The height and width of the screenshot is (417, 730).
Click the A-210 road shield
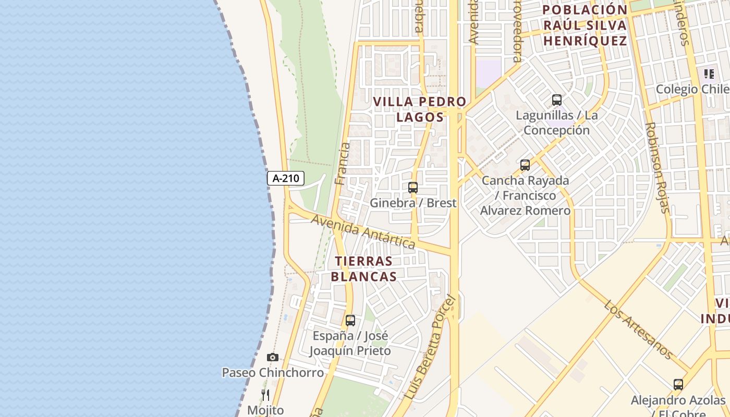click(x=286, y=178)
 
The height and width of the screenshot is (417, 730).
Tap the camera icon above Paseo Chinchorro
click(x=272, y=358)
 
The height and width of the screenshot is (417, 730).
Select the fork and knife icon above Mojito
click(x=265, y=395)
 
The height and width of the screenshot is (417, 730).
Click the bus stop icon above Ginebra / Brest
click(x=413, y=188)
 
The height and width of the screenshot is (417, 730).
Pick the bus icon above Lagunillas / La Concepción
click(x=557, y=100)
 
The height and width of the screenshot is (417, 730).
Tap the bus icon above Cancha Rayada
click(x=525, y=165)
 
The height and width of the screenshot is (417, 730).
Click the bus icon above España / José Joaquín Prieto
click(x=350, y=321)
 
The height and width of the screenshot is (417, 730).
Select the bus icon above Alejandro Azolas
click(x=678, y=385)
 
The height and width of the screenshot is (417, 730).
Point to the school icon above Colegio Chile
click(x=709, y=74)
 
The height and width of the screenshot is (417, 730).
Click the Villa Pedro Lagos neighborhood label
click(x=420, y=109)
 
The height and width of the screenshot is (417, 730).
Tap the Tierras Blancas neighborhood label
click(x=364, y=269)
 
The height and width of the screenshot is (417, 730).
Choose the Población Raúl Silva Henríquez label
click(x=585, y=25)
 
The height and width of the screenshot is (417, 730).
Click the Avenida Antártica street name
click(x=363, y=231)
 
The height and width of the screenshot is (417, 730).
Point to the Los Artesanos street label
click(x=639, y=329)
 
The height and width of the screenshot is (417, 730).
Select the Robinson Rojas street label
click(x=657, y=168)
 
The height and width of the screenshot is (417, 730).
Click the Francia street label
click(x=343, y=164)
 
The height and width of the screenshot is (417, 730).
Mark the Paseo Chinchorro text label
click(x=273, y=373)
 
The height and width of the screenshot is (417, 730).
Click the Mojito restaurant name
click(x=265, y=410)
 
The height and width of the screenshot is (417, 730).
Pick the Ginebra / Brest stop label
click(x=413, y=203)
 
